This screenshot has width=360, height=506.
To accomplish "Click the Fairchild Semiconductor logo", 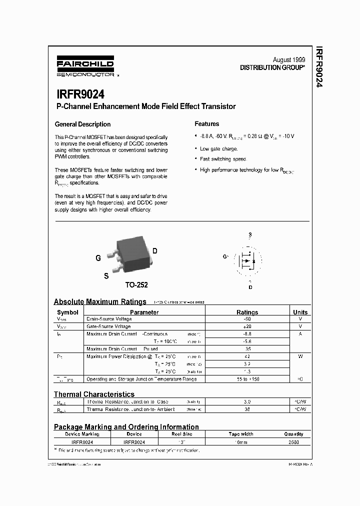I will click(x=85, y=66).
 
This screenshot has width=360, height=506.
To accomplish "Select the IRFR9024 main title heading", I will click(x=79, y=94).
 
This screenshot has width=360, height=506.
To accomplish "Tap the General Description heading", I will click(x=82, y=124).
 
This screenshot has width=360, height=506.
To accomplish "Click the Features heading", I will click(x=206, y=124).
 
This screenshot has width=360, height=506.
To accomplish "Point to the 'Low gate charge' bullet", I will click(x=218, y=148).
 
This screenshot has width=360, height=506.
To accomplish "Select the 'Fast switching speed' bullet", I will click(x=223, y=159).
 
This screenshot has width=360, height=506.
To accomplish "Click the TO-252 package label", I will click(x=136, y=285).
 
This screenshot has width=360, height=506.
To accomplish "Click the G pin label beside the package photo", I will click(x=98, y=258).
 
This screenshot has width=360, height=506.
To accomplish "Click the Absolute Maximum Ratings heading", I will click(x=100, y=301).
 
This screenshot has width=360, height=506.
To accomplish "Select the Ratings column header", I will click(x=247, y=312).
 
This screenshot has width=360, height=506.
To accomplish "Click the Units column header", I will click(x=300, y=312).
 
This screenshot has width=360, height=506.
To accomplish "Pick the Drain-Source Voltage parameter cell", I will click(x=109, y=318).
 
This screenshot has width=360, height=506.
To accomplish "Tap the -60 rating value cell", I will click(x=247, y=318).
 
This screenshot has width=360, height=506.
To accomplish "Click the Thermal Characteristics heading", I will click(x=94, y=394).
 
